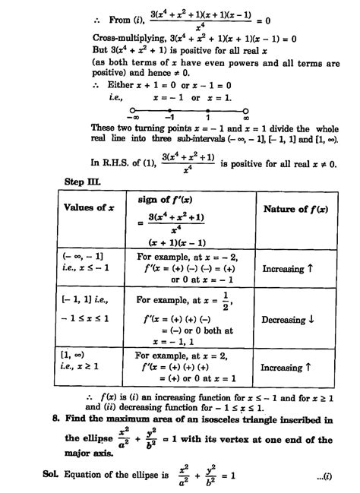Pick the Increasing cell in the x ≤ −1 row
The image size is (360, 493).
coord(292,268)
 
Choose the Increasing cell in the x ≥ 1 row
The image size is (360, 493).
coord(292,368)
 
